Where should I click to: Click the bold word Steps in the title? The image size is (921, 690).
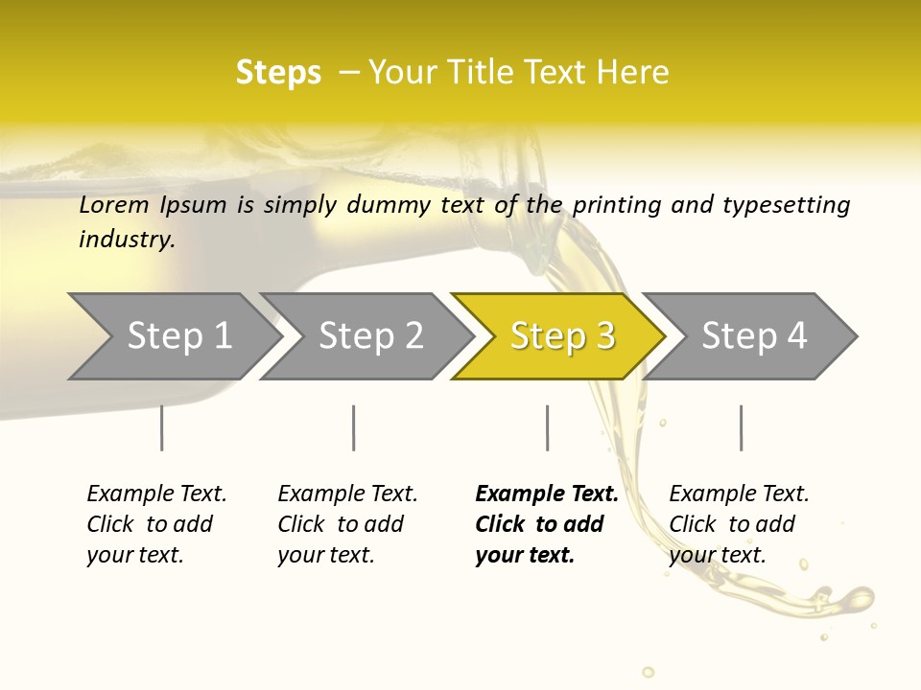[278, 72]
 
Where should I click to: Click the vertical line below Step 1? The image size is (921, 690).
[161, 427]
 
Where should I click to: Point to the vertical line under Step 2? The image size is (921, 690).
[354, 427]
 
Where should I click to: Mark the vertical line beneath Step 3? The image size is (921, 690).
[547, 427]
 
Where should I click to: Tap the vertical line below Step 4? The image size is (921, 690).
[741, 427]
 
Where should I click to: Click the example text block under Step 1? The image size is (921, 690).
[156, 523]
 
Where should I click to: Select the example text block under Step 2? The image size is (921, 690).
[347, 523]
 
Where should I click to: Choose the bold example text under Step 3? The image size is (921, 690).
[546, 523]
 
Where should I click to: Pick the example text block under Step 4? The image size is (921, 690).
[739, 523]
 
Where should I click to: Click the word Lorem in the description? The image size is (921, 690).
[114, 204]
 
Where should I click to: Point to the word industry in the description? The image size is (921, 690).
[127, 239]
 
